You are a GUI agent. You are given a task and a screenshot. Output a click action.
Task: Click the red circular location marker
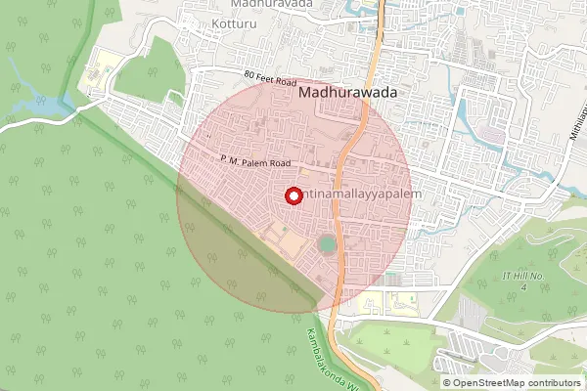292,195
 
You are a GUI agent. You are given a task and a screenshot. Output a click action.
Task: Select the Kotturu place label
234,22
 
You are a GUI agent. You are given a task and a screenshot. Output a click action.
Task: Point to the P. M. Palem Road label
255,163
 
